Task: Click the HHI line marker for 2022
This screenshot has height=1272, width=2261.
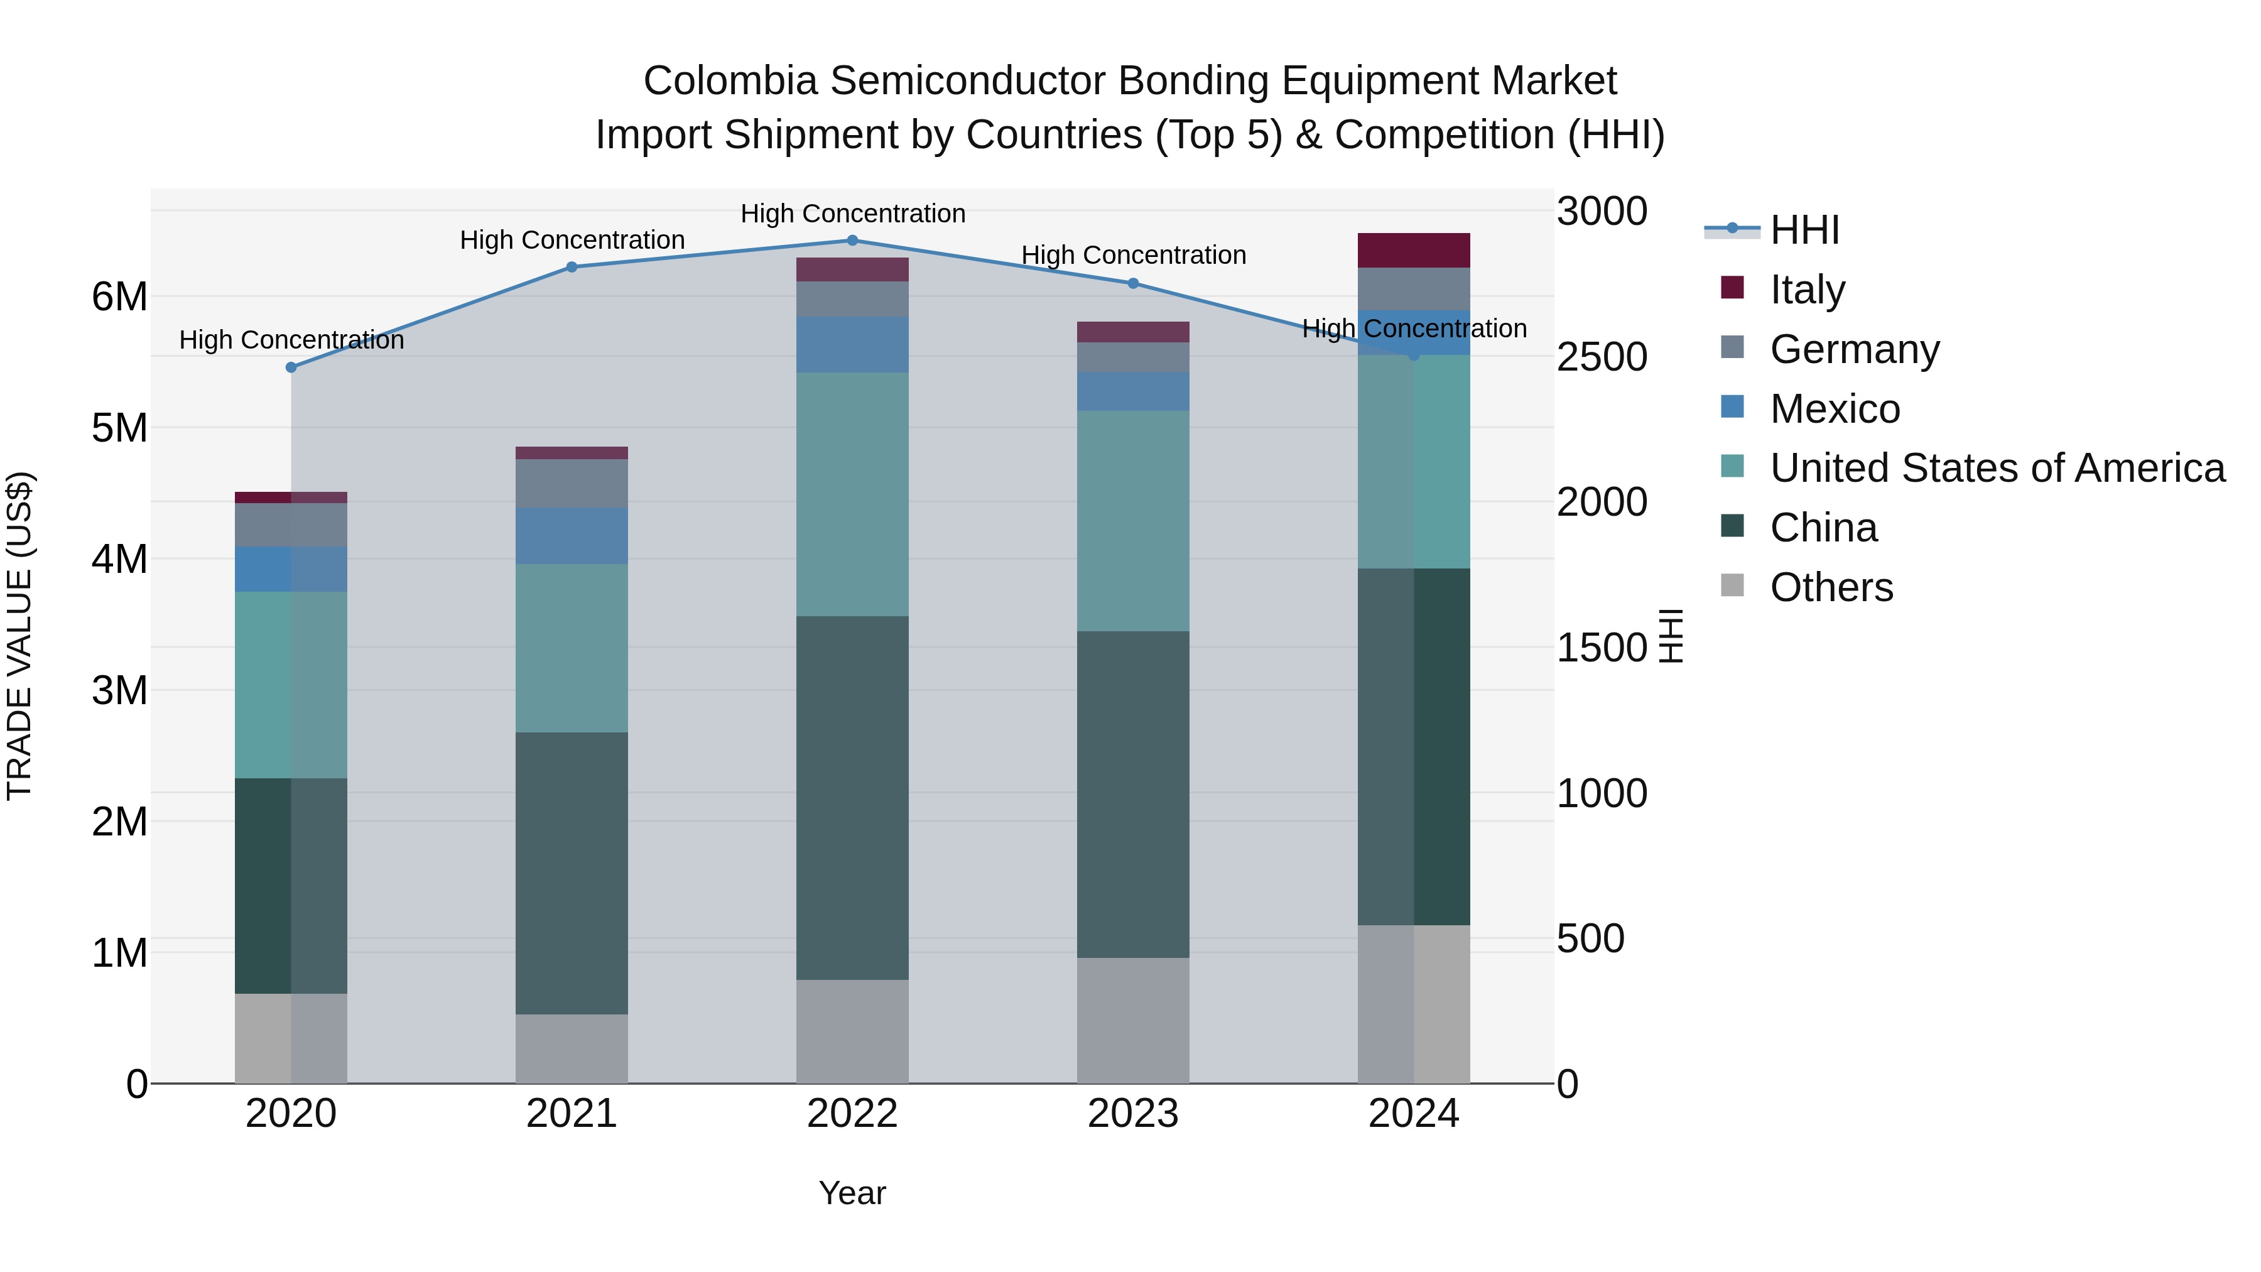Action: pos(852,241)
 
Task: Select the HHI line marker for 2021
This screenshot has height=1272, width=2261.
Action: pos(572,267)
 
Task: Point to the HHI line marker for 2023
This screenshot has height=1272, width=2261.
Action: pos(1133,283)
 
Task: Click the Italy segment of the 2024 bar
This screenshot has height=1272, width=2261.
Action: pos(1413,250)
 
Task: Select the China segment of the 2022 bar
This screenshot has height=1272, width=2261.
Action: pos(852,797)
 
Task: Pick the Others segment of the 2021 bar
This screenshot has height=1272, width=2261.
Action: pos(572,1048)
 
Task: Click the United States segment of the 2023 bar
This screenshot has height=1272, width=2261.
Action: pos(1133,521)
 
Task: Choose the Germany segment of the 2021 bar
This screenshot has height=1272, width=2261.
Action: pos(572,483)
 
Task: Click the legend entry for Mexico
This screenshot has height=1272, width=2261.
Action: pos(1835,409)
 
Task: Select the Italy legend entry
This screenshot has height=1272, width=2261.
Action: pos(1807,290)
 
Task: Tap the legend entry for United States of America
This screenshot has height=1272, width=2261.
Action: pos(1997,468)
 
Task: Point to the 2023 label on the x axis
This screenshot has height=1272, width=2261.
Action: pos(1133,1114)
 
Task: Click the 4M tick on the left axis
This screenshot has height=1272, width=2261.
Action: pos(120,559)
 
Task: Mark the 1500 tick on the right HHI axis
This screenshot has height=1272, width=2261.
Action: pos(1602,648)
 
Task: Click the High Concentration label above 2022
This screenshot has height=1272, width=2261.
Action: pos(852,214)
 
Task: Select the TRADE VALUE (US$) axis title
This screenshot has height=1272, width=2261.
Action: pos(19,636)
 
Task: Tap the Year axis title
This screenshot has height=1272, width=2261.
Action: pos(852,1193)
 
